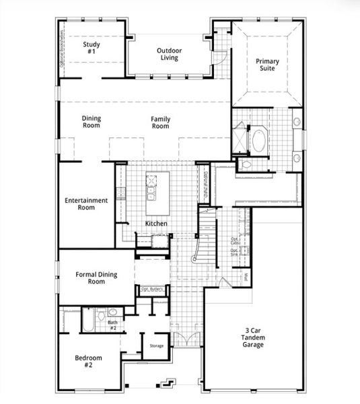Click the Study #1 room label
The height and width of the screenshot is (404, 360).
[92, 48]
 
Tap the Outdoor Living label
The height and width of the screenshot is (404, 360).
[169, 54]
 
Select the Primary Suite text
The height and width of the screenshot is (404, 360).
[267, 65]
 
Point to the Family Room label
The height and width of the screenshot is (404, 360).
[160, 123]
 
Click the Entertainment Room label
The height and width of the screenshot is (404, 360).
[85, 204]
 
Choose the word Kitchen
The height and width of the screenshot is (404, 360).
[156, 224]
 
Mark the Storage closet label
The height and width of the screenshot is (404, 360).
[156, 346]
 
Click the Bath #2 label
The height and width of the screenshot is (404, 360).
[113, 326]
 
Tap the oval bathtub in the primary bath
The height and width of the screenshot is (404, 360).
[258, 141]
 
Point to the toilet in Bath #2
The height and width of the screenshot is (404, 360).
[100, 314]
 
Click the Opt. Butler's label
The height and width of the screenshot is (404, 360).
[152, 289]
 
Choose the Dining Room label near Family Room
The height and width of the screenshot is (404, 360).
[92, 123]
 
